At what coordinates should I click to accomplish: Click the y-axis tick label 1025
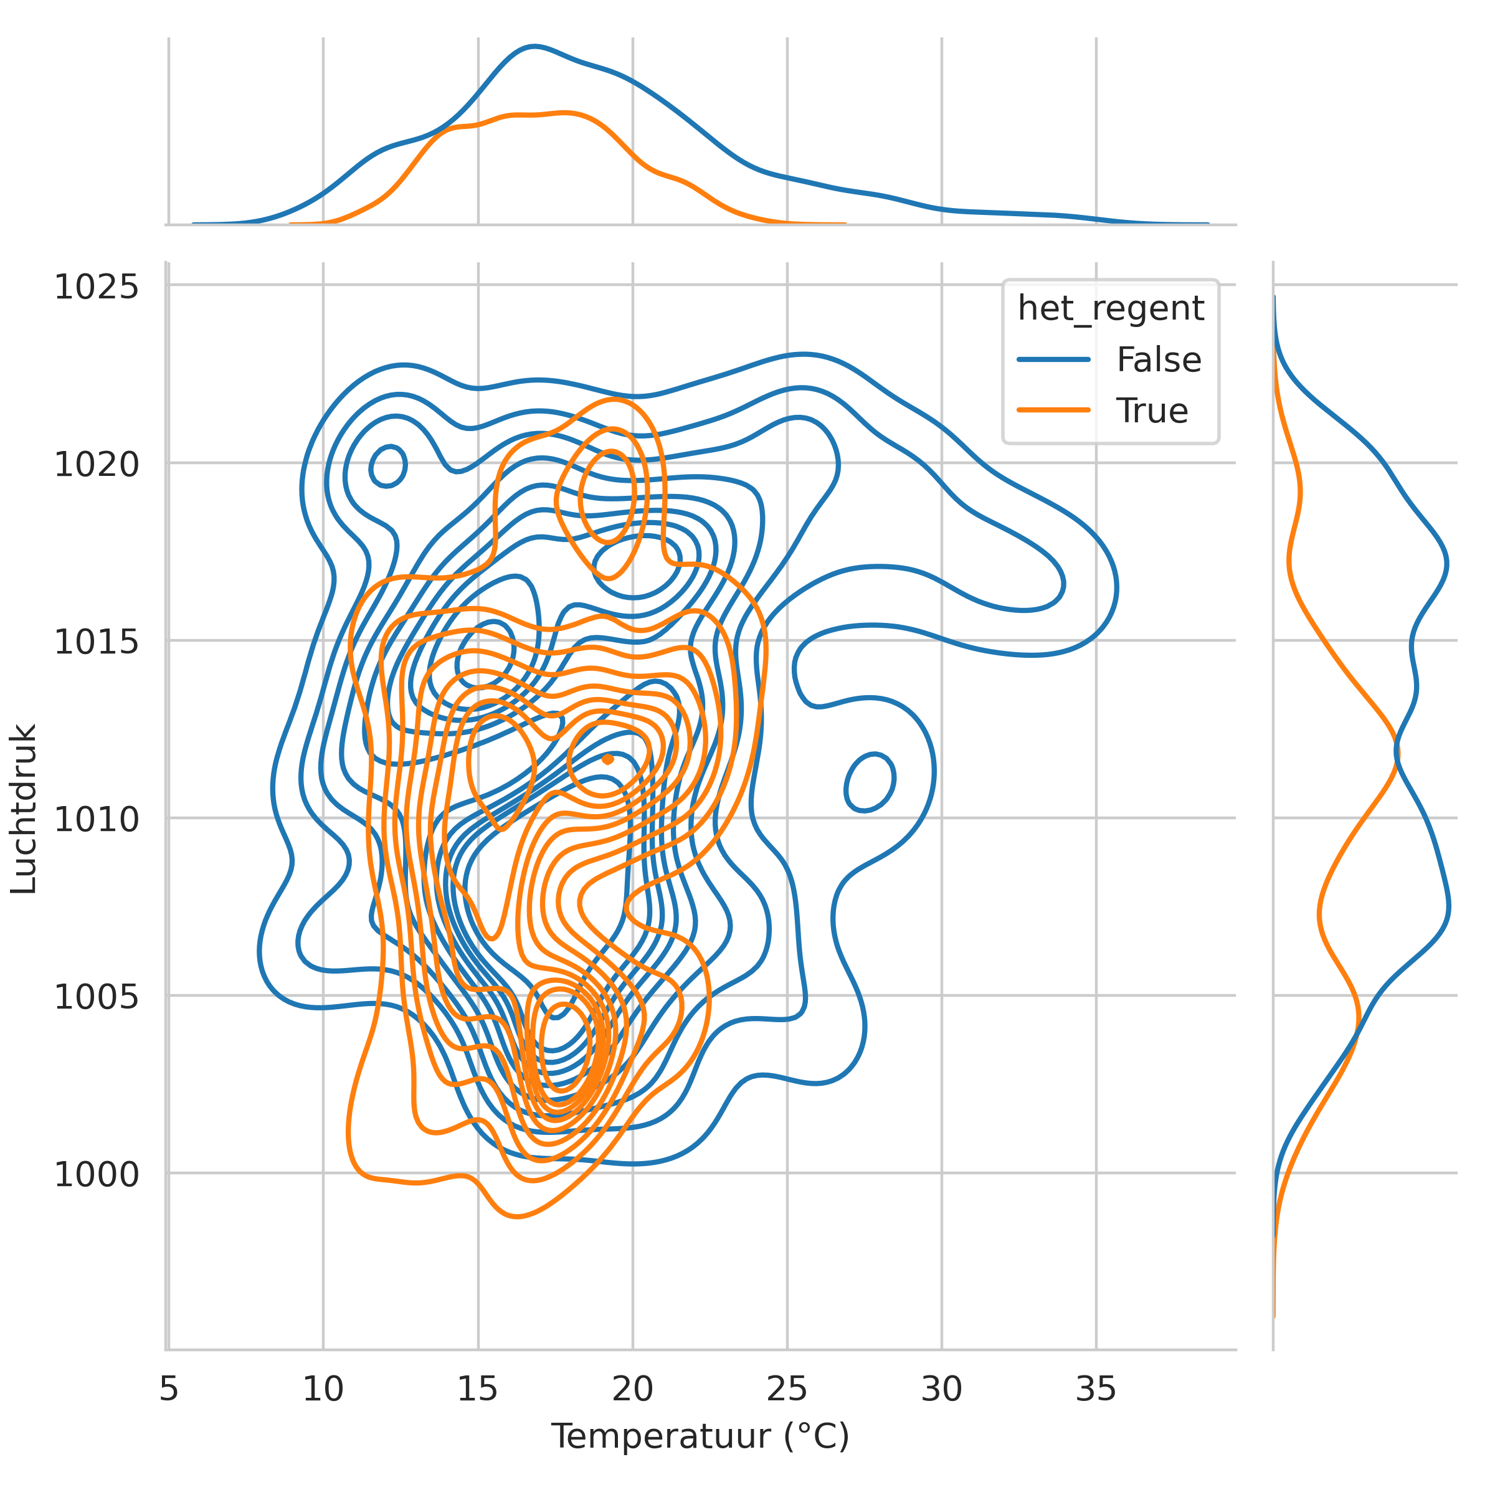pos(96,287)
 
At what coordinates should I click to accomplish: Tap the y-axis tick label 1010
pos(96,820)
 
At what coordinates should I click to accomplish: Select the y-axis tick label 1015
pos(96,642)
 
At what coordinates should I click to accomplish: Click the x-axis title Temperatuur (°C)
pos(700,1437)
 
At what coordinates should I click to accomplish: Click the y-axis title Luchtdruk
pos(24,809)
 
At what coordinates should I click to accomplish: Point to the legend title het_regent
pos(1111,308)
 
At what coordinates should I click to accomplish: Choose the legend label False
pos(1159,360)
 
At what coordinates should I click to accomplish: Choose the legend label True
pos(1151,411)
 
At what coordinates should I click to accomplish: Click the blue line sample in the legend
pos(1053,360)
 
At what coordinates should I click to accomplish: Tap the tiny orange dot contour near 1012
pos(607,759)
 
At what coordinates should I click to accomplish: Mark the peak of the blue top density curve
pos(534,47)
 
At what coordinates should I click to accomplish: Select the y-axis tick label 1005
pos(96,997)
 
